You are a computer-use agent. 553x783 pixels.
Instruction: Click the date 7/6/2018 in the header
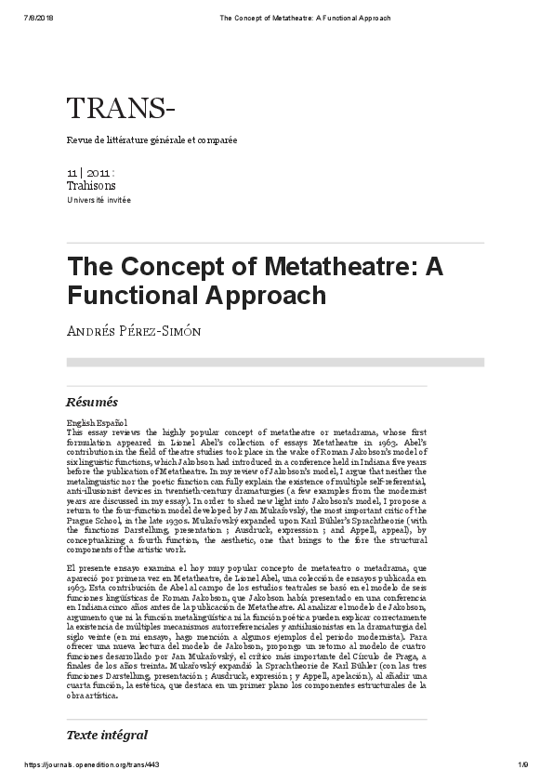point(35,17)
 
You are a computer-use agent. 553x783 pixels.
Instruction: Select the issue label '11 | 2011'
point(90,173)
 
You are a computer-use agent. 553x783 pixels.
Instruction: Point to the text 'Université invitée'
point(99,200)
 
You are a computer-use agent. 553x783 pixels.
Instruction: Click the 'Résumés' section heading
point(92,403)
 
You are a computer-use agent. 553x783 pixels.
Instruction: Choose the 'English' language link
point(80,424)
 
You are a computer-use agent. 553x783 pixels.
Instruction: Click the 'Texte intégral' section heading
point(107,735)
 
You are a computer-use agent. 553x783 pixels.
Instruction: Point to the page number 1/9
point(522,764)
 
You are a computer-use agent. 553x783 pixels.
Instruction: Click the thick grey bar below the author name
point(275,362)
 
